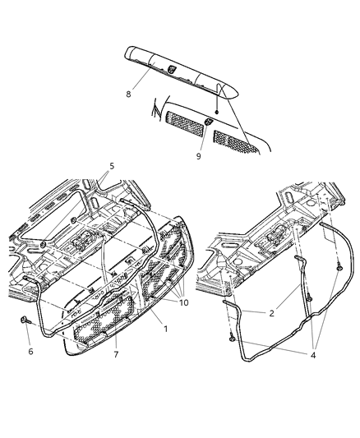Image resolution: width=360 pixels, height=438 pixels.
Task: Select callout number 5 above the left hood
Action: (112, 167)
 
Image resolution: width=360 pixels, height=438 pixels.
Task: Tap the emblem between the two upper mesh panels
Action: (209, 122)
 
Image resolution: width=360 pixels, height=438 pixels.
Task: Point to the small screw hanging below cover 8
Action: (215, 111)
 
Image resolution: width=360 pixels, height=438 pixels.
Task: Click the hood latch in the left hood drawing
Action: (84, 242)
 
